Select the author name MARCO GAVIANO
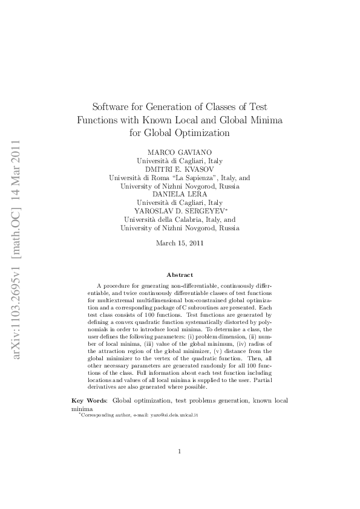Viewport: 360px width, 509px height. click(179, 152)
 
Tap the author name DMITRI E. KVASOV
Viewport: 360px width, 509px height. click(179, 169)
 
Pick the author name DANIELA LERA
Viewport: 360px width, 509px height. click(179, 194)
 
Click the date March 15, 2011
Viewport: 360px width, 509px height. click(179, 243)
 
